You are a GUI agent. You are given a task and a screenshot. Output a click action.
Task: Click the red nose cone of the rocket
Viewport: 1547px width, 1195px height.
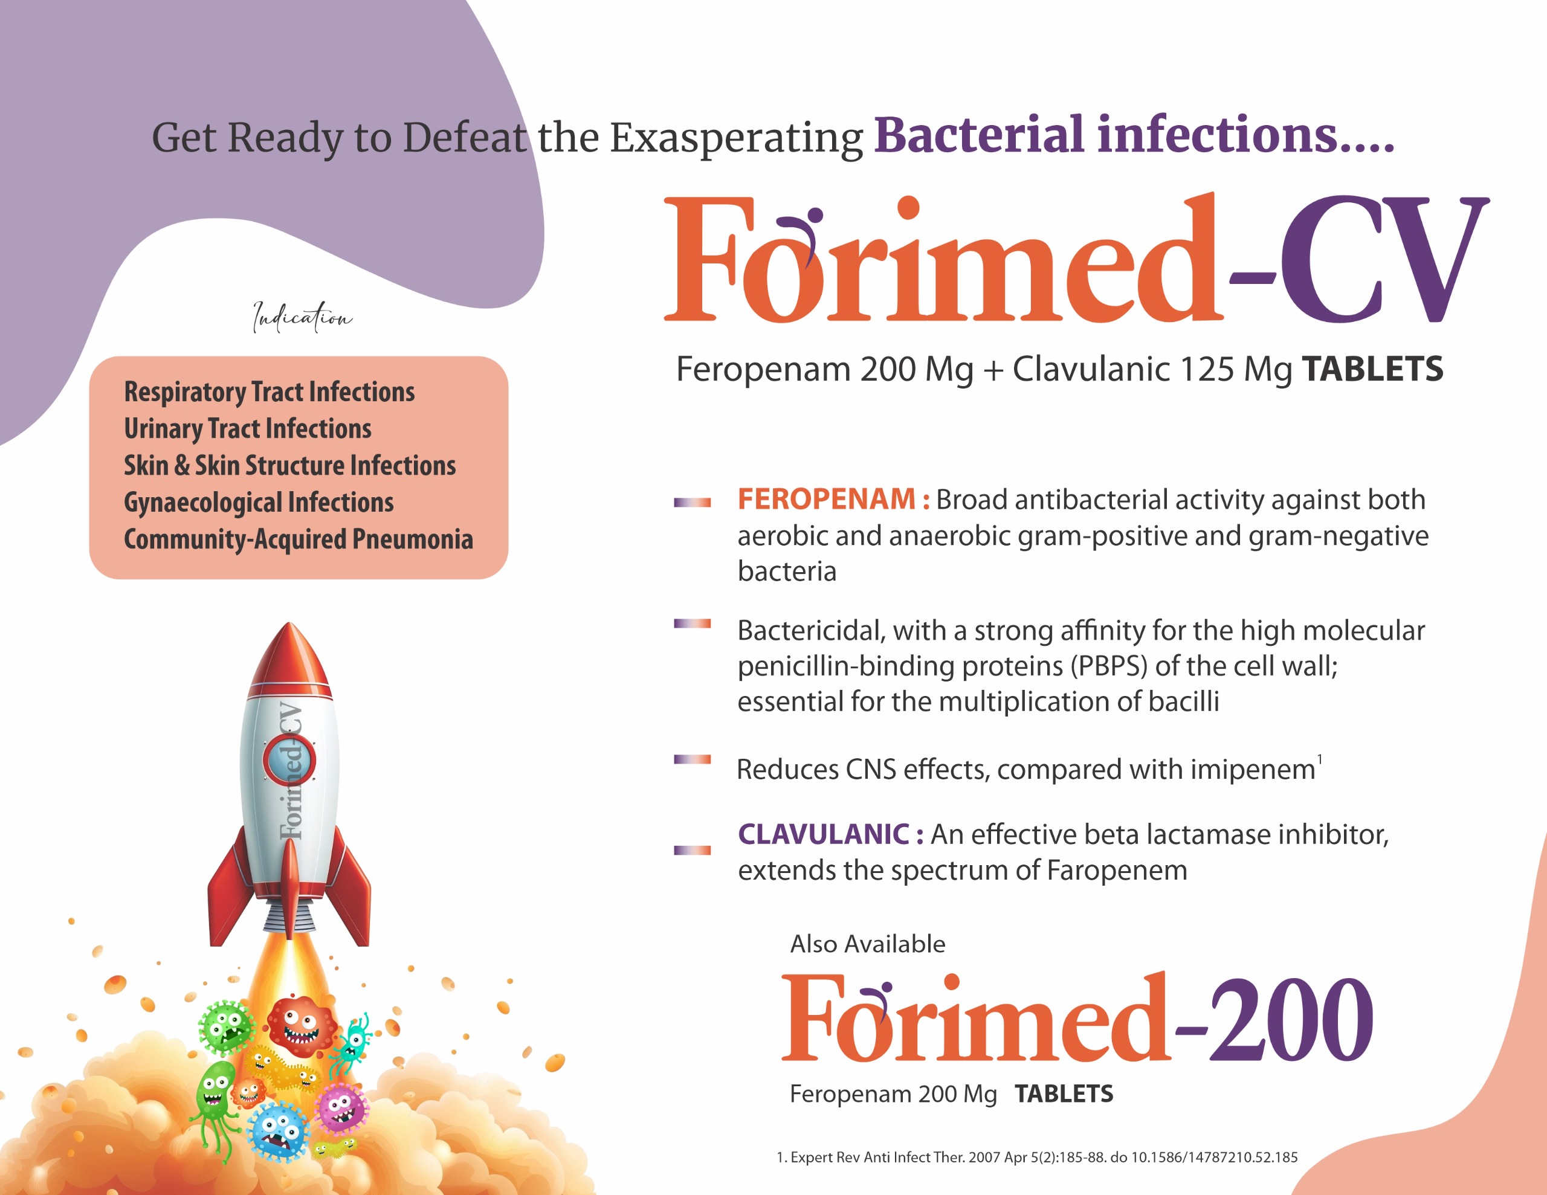pos(289,655)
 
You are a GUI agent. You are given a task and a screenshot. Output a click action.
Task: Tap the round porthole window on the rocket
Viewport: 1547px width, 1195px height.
pos(289,760)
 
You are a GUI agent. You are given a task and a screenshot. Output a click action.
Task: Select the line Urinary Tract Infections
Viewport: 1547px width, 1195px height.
pos(247,428)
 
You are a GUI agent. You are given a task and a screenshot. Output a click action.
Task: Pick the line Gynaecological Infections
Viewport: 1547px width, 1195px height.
pos(259,502)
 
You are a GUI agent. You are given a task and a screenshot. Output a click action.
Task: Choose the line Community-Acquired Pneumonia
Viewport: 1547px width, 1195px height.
pos(298,539)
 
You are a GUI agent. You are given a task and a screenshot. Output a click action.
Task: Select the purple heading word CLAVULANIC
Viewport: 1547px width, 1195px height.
pos(824,834)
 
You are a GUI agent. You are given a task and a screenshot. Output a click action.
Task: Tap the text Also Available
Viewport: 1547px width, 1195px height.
pos(868,944)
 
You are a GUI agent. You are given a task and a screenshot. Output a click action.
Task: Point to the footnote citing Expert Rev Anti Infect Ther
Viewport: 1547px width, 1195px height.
pos(1037,1158)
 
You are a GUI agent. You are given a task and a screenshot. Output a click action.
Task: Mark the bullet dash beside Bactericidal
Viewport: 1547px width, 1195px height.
pos(692,623)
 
